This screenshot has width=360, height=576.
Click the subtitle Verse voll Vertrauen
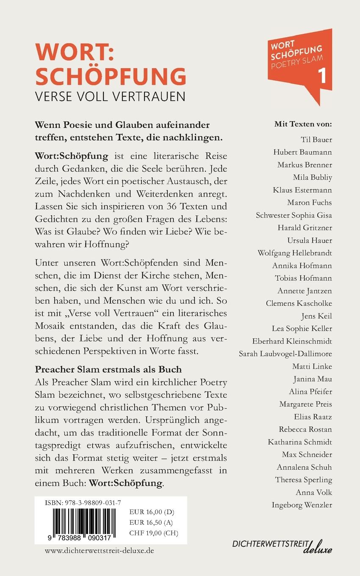click(110, 96)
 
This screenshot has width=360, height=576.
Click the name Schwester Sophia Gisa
click(294, 215)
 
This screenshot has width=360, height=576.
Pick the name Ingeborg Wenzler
click(302, 505)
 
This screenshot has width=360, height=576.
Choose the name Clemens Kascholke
click(299, 303)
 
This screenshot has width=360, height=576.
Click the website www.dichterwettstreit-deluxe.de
click(99, 551)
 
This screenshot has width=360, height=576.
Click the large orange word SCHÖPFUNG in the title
click(111, 76)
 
